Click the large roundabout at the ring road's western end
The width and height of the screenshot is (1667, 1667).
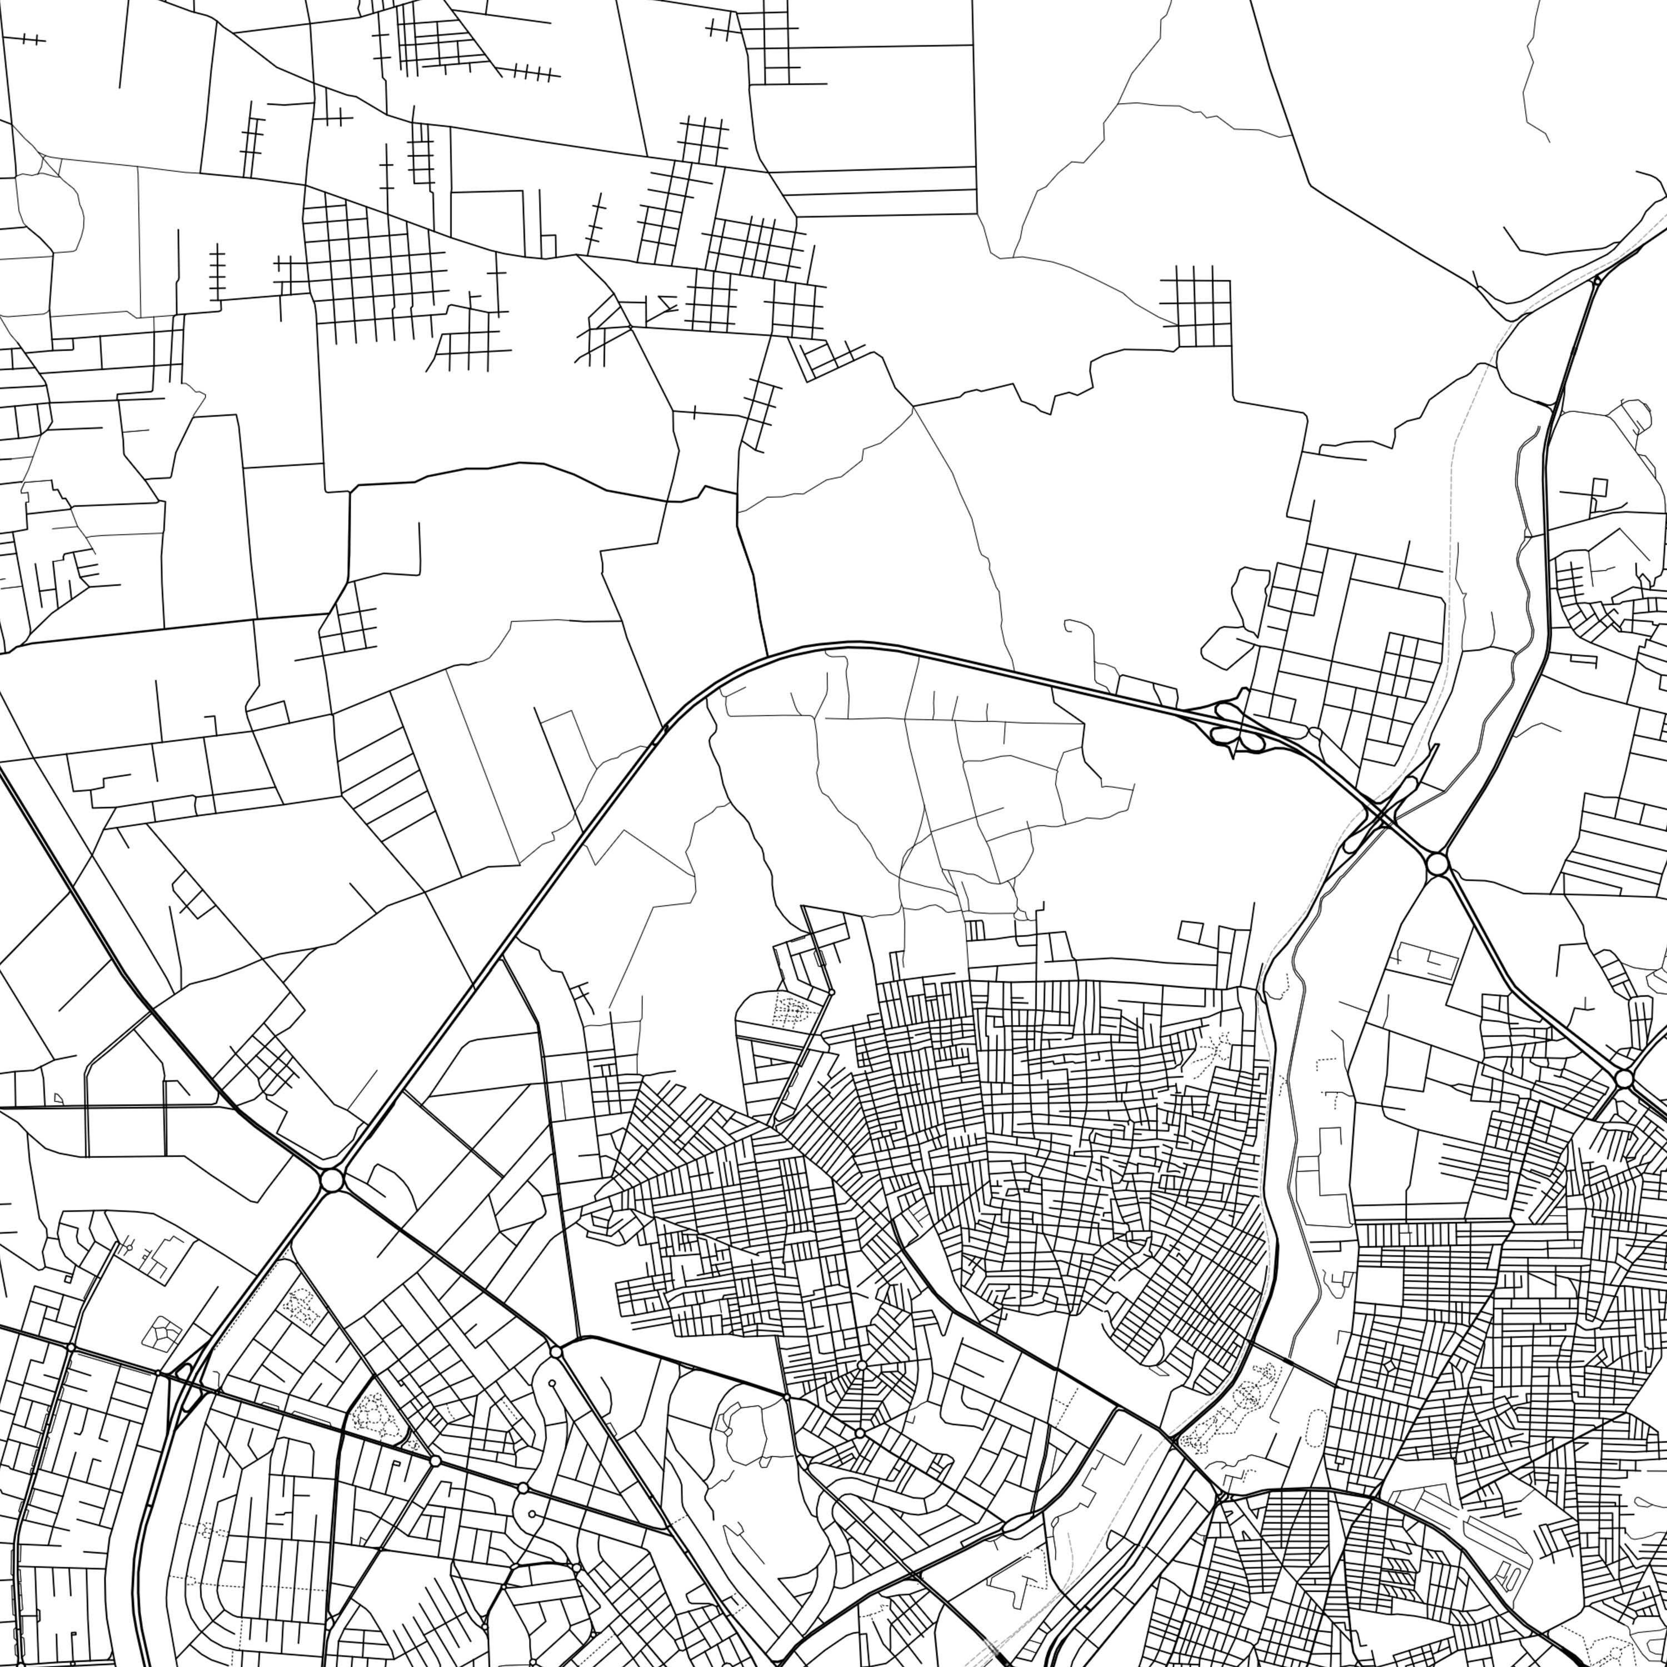point(331,1180)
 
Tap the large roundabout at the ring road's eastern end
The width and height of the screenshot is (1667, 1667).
point(1436,863)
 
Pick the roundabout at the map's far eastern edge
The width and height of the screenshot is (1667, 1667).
point(1624,1080)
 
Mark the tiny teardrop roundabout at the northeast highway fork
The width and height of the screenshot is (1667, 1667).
point(1596,281)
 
